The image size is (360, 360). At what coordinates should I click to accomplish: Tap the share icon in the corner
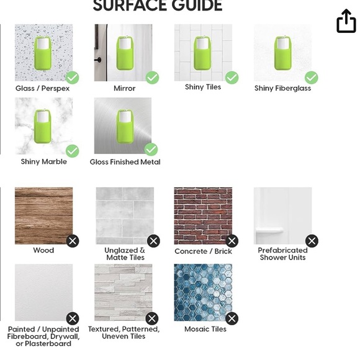(x=346, y=21)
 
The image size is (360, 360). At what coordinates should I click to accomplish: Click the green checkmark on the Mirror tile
(x=152, y=78)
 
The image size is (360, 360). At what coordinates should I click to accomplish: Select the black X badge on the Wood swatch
(x=73, y=241)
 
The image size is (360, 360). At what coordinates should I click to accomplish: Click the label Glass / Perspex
(x=42, y=88)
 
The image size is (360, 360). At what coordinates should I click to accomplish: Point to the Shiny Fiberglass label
(x=282, y=88)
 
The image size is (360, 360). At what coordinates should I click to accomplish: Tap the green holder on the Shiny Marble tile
(x=42, y=127)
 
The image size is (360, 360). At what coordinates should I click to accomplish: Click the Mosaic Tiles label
(x=205, y=329)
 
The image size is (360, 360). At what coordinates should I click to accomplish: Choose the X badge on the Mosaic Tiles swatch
(x=232, y=318)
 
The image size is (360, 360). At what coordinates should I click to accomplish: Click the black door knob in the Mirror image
(x=98, y=60)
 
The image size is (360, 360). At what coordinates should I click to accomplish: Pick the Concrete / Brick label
(x=203, y=251)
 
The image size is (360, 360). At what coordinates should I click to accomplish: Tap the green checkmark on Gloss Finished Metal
(x=151, y=150)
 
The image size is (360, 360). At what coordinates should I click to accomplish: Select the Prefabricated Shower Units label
(x=282, y=254)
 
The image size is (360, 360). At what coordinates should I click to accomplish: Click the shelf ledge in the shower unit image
(x=269, y=230)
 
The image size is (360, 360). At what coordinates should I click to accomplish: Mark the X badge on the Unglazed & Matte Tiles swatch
(x=153, y=241)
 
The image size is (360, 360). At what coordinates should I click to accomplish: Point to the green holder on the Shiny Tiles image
(x=202, y=53)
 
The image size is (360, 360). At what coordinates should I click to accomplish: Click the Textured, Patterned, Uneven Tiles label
(x=124, y=333)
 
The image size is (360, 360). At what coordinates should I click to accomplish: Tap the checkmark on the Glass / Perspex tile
(x=73, y=78)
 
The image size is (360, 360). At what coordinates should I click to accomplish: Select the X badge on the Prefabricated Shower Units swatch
(x=312, y=241)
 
